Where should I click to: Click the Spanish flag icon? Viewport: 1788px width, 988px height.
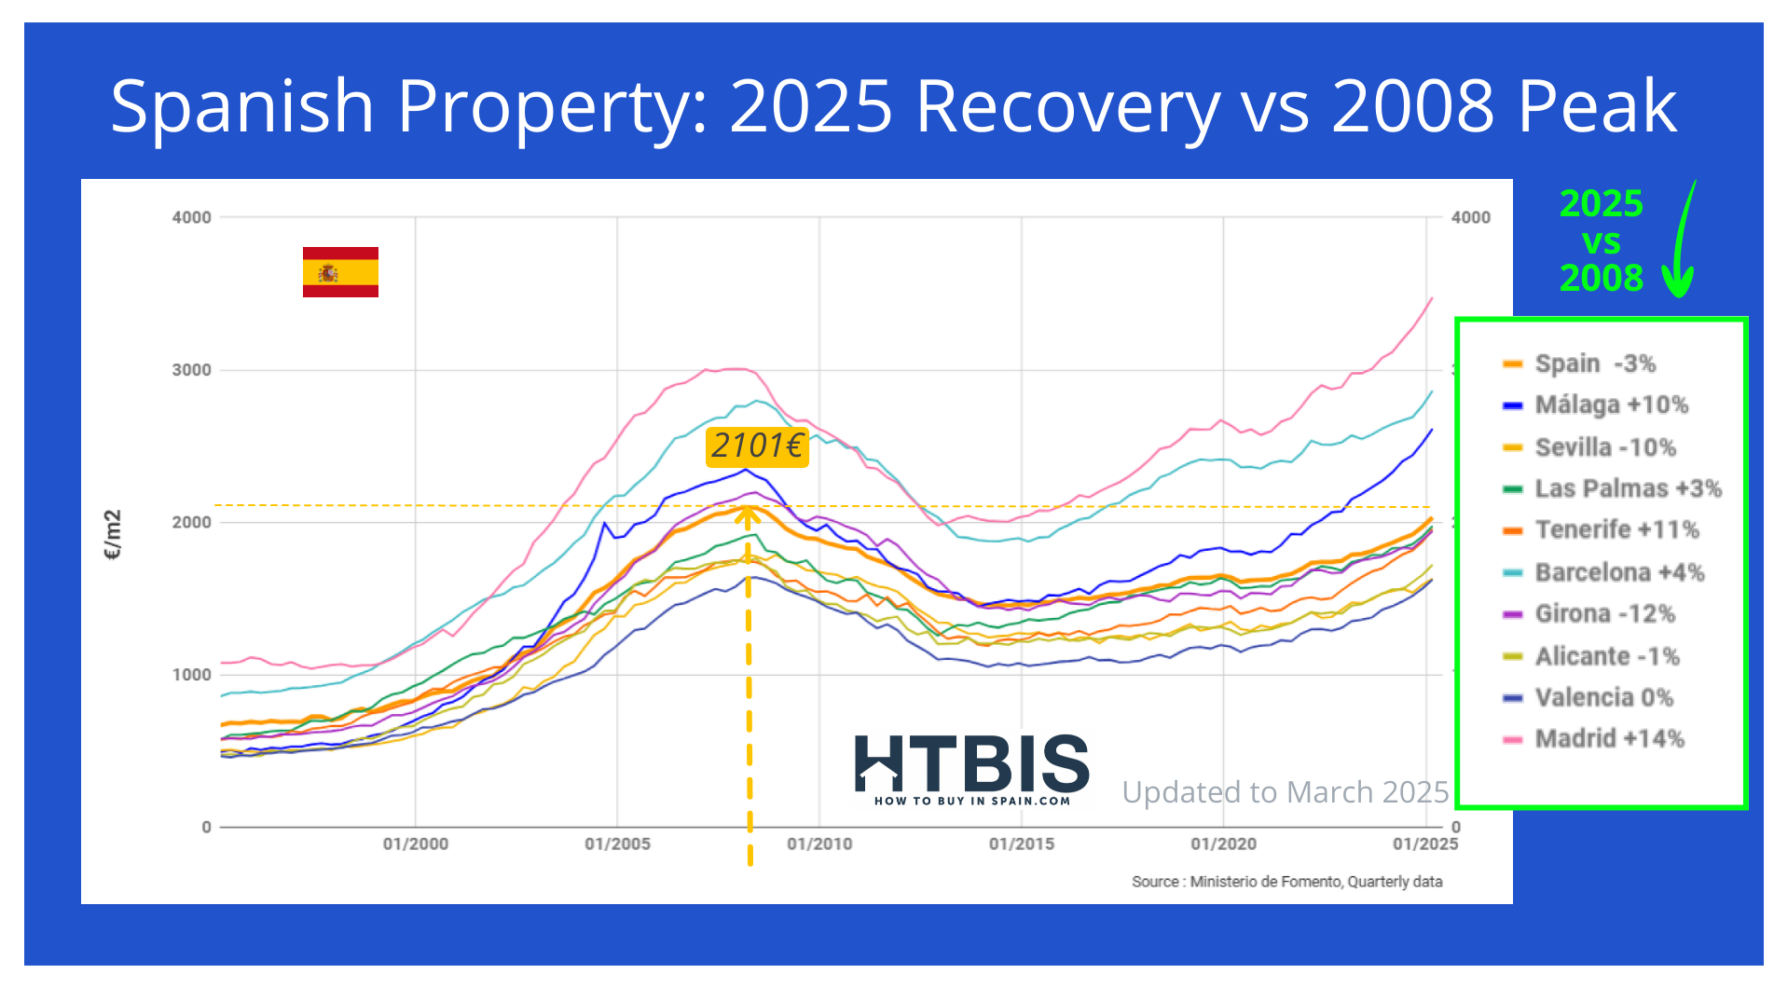click(340, 272)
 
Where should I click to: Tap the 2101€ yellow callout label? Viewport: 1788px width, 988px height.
click(757, 446)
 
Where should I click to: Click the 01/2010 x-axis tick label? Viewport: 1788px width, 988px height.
click(819, 844)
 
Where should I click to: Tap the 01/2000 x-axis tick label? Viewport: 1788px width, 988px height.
click(416, 844)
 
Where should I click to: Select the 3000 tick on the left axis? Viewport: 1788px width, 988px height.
click(192, 370)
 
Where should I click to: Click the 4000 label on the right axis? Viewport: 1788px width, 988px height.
click(1471, 217)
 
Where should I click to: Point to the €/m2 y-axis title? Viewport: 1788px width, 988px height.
click(113, 534)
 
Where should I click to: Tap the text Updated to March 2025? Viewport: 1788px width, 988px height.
click(1285, 792)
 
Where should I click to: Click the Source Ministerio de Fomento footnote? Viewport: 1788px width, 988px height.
click(1286, 882)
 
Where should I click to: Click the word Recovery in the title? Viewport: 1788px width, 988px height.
click(1067, 106)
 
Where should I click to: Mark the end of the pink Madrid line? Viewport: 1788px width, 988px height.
click(1432, 298)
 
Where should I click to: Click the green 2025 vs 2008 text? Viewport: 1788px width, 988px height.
click(1601, 240)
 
